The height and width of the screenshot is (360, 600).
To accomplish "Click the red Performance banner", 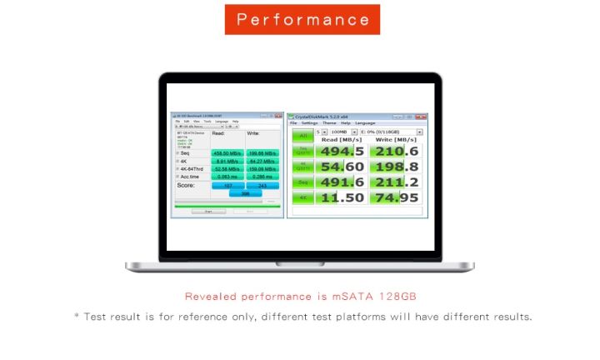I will (302, 19).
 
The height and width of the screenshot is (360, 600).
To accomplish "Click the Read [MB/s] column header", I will (342, 139).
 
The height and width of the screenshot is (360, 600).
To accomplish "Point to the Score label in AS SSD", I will (186, 185).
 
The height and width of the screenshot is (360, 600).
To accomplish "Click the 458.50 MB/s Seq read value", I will (226, 153).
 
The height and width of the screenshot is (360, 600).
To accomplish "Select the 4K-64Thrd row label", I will (190, 168).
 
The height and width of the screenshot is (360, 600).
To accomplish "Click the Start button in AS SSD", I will (208, 212).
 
